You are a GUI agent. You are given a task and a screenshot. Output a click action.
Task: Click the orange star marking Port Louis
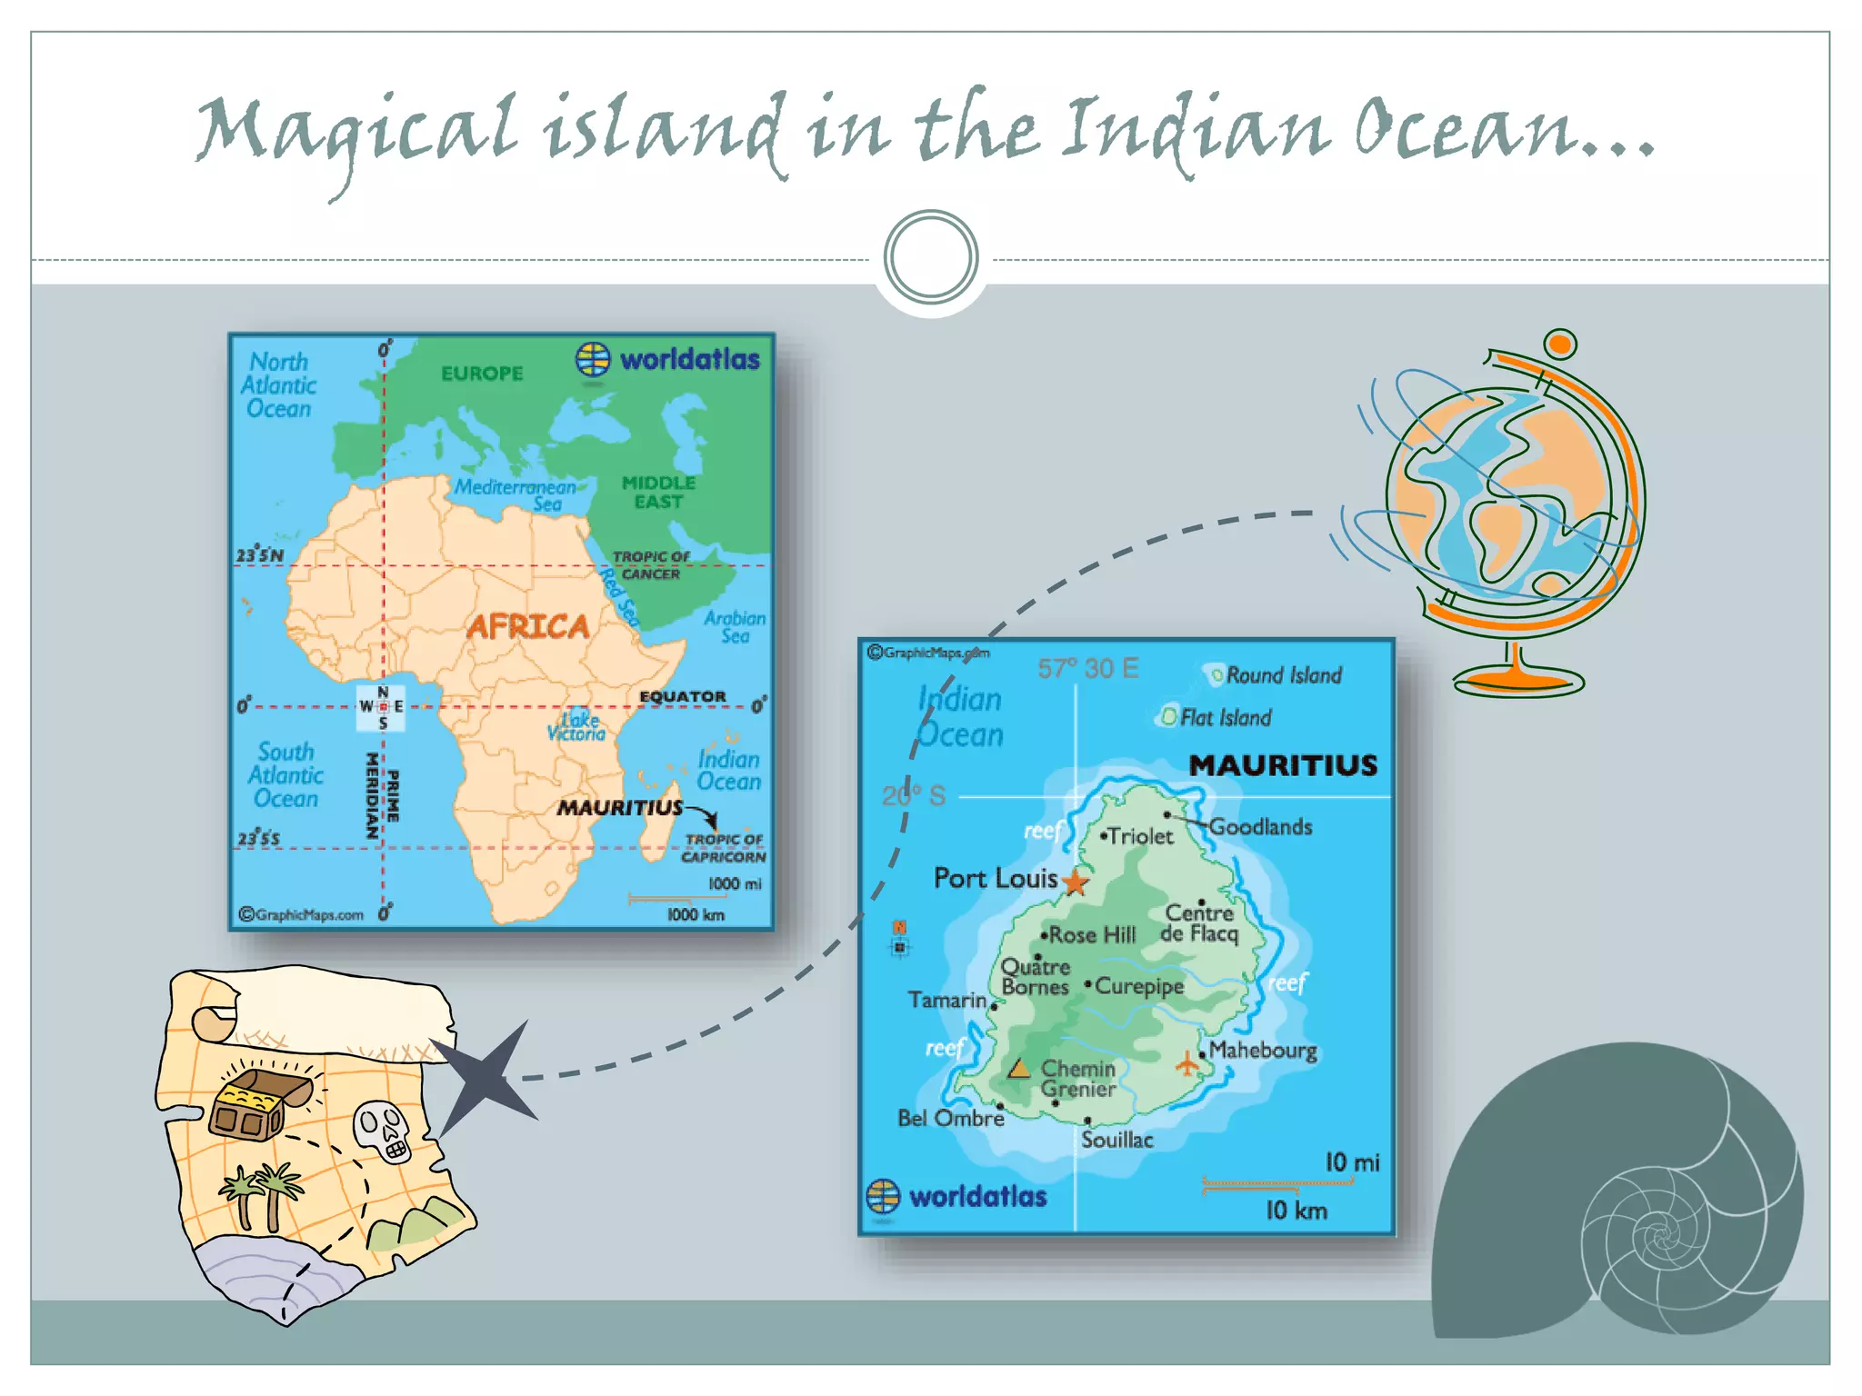[1076, 882]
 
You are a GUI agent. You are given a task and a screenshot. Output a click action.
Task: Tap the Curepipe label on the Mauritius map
[1139, 986]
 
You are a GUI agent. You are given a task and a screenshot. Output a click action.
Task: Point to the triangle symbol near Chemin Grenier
[1019, 1068]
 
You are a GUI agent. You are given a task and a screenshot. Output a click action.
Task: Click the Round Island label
[1283, 675]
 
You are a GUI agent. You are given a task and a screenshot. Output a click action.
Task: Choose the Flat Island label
[1225, 718]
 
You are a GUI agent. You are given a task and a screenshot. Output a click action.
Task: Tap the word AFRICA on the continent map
[527, 626]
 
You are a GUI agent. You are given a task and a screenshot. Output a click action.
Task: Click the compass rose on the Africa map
[382, 706]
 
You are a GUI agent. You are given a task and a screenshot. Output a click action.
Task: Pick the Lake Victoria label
[576, 726]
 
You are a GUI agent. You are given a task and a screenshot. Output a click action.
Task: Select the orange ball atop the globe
[1559, 344]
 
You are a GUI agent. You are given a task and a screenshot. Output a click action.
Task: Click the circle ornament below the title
[931, 257]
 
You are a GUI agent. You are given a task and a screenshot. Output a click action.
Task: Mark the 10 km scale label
[1296, 1211]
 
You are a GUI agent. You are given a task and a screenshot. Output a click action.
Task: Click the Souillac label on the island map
[1116, 1140]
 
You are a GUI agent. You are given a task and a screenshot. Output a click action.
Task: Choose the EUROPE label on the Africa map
[482, 374]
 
